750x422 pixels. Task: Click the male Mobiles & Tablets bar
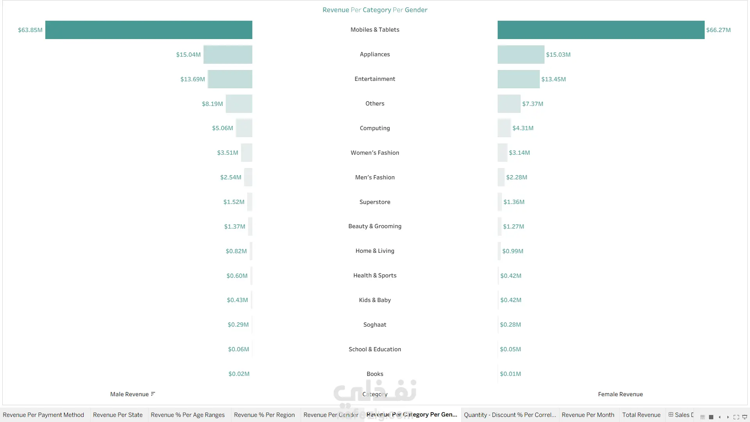coord(149,30)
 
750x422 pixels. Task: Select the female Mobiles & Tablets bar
coord(601,30)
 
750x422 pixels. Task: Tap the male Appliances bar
coord(228,54)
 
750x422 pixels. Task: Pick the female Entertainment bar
coord(519,79)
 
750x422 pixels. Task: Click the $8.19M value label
coord(212,104)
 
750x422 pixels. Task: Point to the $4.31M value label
coord(523,128)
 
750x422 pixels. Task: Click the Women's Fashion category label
coord(375,153)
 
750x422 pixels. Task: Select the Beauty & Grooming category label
coord(375,226)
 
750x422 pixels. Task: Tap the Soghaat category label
coord(375,325)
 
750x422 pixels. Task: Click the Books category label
coord(375,374)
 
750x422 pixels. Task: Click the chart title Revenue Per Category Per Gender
coord(375,10)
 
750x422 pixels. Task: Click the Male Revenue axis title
coord(129,394)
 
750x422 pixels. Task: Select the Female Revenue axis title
coord(620,394)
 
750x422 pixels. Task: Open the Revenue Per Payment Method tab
coord(43,415)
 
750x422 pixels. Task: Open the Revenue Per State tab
coord(118,415)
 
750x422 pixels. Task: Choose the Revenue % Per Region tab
coord(264,415)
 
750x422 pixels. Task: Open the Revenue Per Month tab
coord(588,415)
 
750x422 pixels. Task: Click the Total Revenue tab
coord(641,415)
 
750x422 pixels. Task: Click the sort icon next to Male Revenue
coord(153,394)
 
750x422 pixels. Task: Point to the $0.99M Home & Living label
coord(513,251)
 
